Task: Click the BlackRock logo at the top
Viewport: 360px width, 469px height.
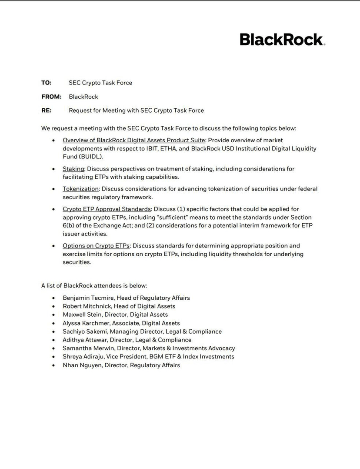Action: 282,39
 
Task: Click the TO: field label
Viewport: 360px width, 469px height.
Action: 46,83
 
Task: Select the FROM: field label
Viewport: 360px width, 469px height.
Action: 51,97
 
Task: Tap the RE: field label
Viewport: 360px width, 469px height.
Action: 46,111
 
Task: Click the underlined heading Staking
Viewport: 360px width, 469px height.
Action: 73,169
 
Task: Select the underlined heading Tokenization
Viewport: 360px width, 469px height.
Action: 81,189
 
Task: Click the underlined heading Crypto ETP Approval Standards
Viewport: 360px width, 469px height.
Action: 107,209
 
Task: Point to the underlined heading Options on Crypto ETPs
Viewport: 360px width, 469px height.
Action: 96,246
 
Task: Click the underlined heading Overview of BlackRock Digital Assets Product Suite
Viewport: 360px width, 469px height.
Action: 134,140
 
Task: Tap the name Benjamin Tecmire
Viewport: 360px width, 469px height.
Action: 88,298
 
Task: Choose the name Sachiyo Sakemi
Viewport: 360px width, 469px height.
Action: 84,332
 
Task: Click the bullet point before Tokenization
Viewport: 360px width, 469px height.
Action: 53,189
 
